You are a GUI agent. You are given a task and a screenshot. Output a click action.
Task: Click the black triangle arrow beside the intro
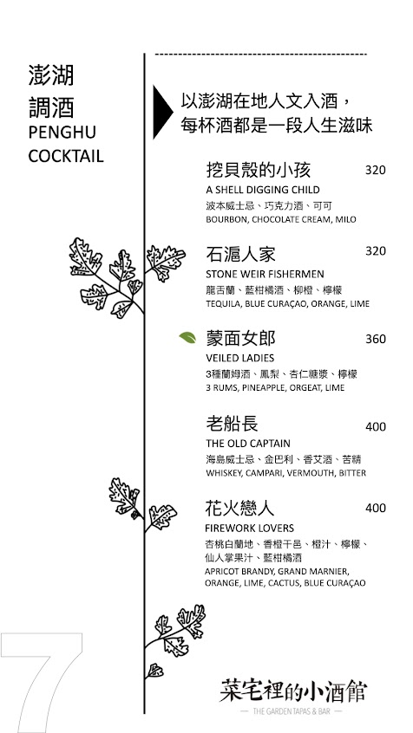click(x=161, y=112)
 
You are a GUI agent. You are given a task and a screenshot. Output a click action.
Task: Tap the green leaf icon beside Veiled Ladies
click(x=187, y=337)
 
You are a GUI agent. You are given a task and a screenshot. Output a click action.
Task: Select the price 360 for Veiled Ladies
click(x=376, y=339)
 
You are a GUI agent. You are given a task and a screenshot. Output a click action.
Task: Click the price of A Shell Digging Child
click(x=376, y=170)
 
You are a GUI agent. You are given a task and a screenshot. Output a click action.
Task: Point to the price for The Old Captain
click(x=376, y=427)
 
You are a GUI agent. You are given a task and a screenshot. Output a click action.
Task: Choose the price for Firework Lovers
click(x=376, y=508)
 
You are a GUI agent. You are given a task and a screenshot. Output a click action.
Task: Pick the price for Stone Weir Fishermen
click(x=376, y=251)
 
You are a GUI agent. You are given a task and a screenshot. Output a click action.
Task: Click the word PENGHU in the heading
click(x=62, y=133)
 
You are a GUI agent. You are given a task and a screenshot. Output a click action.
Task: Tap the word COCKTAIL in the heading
click(x=66, y=156)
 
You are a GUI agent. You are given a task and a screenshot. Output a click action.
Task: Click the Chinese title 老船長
click(x=233, y=425)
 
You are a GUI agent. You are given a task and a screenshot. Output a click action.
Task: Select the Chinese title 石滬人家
click(x=240, y=255)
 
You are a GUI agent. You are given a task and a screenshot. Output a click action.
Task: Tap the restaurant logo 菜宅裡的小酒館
click(x=293, y=691)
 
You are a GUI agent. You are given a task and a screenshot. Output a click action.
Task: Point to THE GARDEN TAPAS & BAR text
click(x=291, y=711)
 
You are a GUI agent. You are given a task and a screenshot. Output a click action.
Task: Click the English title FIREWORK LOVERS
click(x=250, y=529)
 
